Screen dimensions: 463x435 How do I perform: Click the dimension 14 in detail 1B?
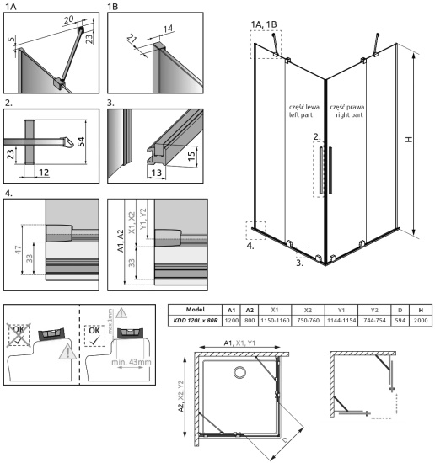pos(167,28)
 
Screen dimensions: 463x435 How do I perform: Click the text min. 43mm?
pos(130,365)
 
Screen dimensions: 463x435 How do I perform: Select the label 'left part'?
pos(302,115)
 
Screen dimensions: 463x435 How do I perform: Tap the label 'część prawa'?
pos(346,107)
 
